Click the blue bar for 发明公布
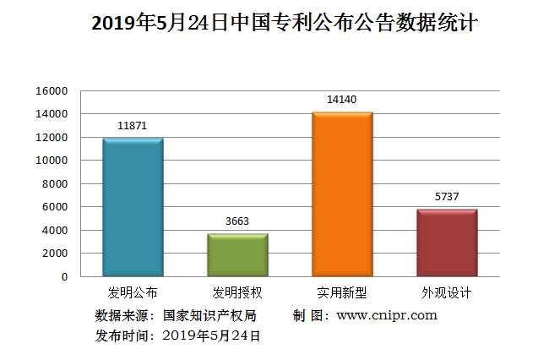click(133, 207)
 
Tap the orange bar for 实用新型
click(342, 194)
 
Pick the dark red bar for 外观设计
click(447, 243)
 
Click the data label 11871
click(133, 125)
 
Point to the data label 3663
click(237, 221)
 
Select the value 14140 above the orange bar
click(342, 100)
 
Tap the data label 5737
click(447, 197)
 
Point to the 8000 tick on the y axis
click(55, 183)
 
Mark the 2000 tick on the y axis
click(55, 254)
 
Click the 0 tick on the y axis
click(63, 276)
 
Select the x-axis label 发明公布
click(133, 293)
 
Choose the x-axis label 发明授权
click(237, 293)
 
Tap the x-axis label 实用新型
click(342, 293)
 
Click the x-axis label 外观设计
click(447, 293)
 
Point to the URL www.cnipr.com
click(387, 315)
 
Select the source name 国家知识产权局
click(209, 315)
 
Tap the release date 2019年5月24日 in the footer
click(210, 335)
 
